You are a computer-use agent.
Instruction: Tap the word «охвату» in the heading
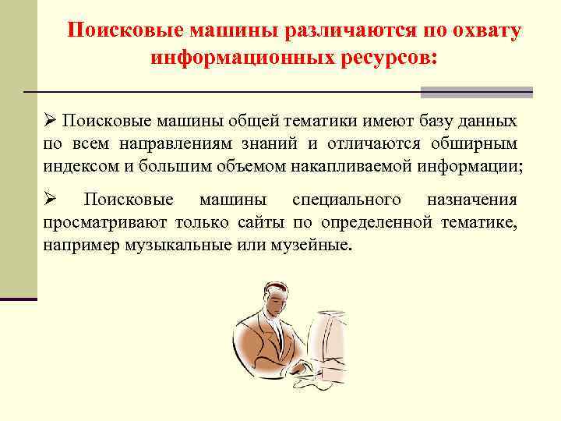click(x=482, y=30)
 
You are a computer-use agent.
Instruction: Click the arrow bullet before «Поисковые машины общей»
click(x=50, y=122)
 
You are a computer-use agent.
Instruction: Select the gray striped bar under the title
click(x=476, y=92)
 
